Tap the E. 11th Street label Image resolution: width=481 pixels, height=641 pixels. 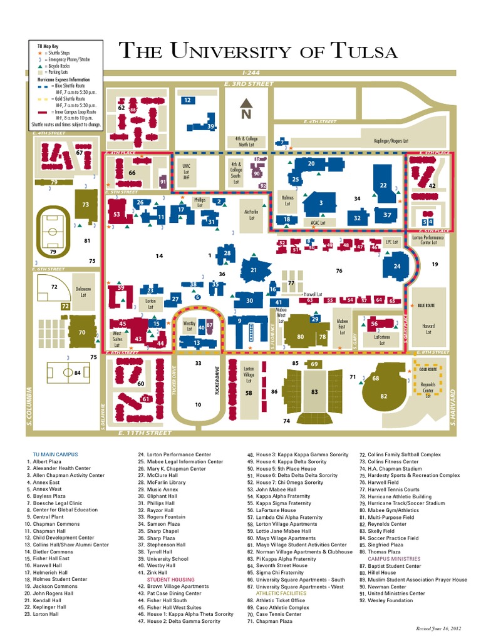144,433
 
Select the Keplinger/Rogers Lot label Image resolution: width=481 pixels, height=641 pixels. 391,141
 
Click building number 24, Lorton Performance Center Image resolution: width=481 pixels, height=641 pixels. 397,266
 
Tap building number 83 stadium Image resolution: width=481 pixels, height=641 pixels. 314,392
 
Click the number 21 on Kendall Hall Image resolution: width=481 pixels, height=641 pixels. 254,270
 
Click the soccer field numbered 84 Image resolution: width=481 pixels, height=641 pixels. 70,373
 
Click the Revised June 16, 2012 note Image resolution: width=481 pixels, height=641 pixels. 438,627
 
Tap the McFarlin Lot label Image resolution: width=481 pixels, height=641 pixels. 251,215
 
